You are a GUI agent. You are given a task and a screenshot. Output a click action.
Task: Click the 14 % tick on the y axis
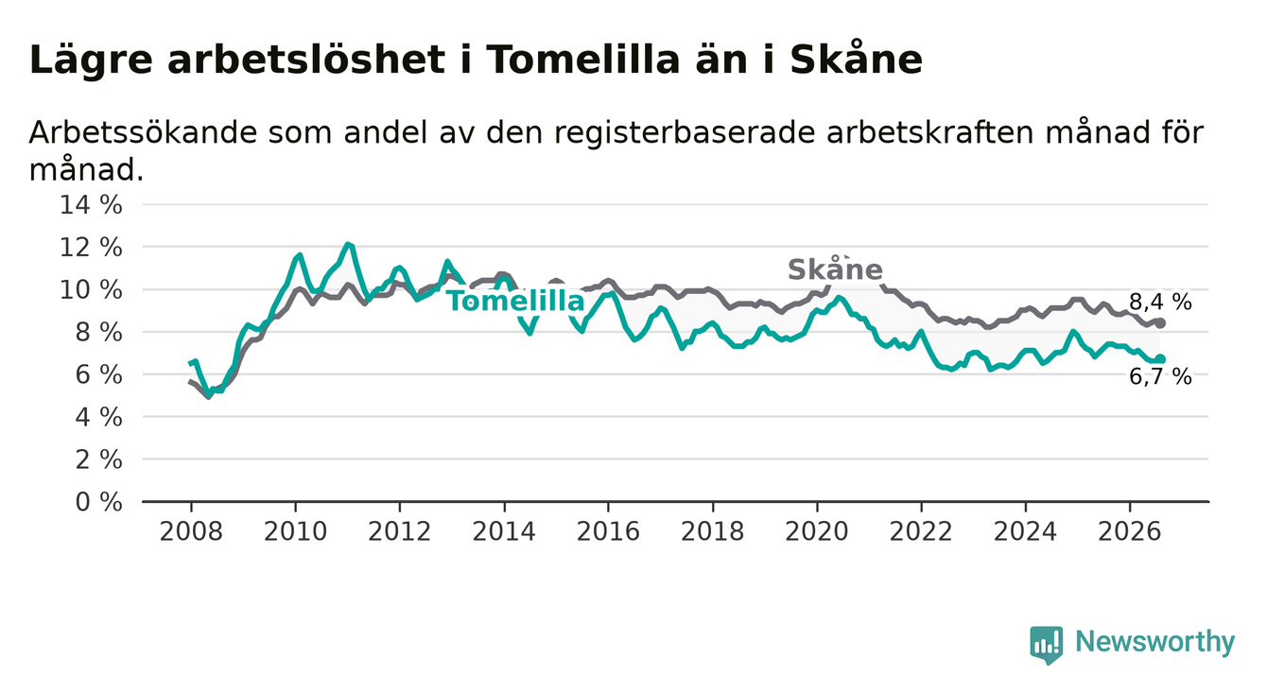91,205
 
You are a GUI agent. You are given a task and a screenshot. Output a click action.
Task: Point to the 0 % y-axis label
98,502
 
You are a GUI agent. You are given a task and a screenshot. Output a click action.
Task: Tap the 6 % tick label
98,374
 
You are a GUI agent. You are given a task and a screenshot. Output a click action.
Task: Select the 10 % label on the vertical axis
91,289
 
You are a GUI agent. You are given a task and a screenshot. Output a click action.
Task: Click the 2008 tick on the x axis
191,531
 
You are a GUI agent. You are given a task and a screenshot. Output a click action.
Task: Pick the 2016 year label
608,531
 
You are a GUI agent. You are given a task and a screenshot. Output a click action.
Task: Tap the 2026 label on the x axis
1130,531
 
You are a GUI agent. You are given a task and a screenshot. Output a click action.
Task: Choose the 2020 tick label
817,531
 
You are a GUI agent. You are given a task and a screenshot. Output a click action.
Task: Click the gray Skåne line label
835,269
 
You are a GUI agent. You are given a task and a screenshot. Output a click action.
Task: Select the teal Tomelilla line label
516,301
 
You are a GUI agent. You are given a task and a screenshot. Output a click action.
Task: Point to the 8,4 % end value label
1160,303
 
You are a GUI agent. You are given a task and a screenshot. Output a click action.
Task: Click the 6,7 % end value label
1160,376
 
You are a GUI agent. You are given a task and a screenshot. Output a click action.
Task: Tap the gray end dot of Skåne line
1159,323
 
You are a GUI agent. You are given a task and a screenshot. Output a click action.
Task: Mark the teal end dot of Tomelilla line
1159,358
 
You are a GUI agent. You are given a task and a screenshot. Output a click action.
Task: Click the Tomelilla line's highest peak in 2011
348,244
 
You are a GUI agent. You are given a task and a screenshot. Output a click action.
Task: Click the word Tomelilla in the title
582,60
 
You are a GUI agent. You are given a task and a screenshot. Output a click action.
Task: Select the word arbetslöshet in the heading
306,60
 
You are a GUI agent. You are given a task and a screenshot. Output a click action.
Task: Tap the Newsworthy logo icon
1047,645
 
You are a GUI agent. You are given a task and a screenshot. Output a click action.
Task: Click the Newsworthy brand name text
1155,642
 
